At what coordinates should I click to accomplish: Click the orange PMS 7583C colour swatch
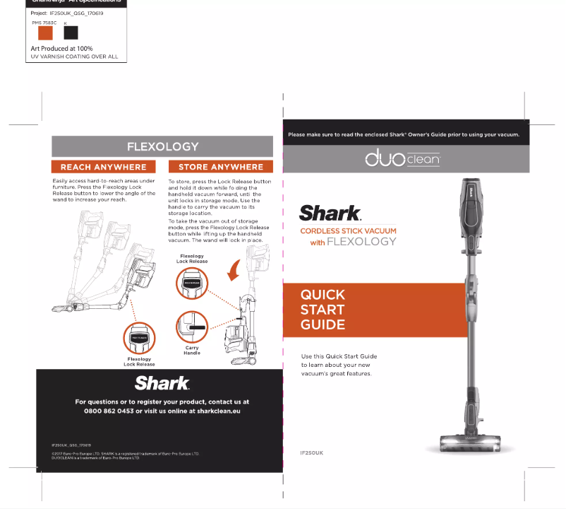tap(45, 33)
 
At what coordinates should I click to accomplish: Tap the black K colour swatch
tap(71, 33)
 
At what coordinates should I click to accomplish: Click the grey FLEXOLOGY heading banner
tap(162, 147)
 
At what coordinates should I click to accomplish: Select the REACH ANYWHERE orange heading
tap(104, 168)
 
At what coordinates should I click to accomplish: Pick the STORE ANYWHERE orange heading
tap(220, 168)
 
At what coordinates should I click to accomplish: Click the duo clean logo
tap(402, 160)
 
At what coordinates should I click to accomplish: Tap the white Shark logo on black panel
tap(162, 383)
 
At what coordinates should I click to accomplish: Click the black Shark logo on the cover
tap(330, 213)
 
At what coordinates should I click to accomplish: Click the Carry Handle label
tap(192, 350)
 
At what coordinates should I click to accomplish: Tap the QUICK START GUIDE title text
tap(323, 310)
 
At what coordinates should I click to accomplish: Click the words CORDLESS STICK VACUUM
tap(348, 231)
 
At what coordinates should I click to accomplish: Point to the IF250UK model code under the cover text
tap(311, 452)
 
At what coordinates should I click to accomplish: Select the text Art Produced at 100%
tap(61, 49)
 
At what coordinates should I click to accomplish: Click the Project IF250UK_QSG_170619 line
tap(68, 13)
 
